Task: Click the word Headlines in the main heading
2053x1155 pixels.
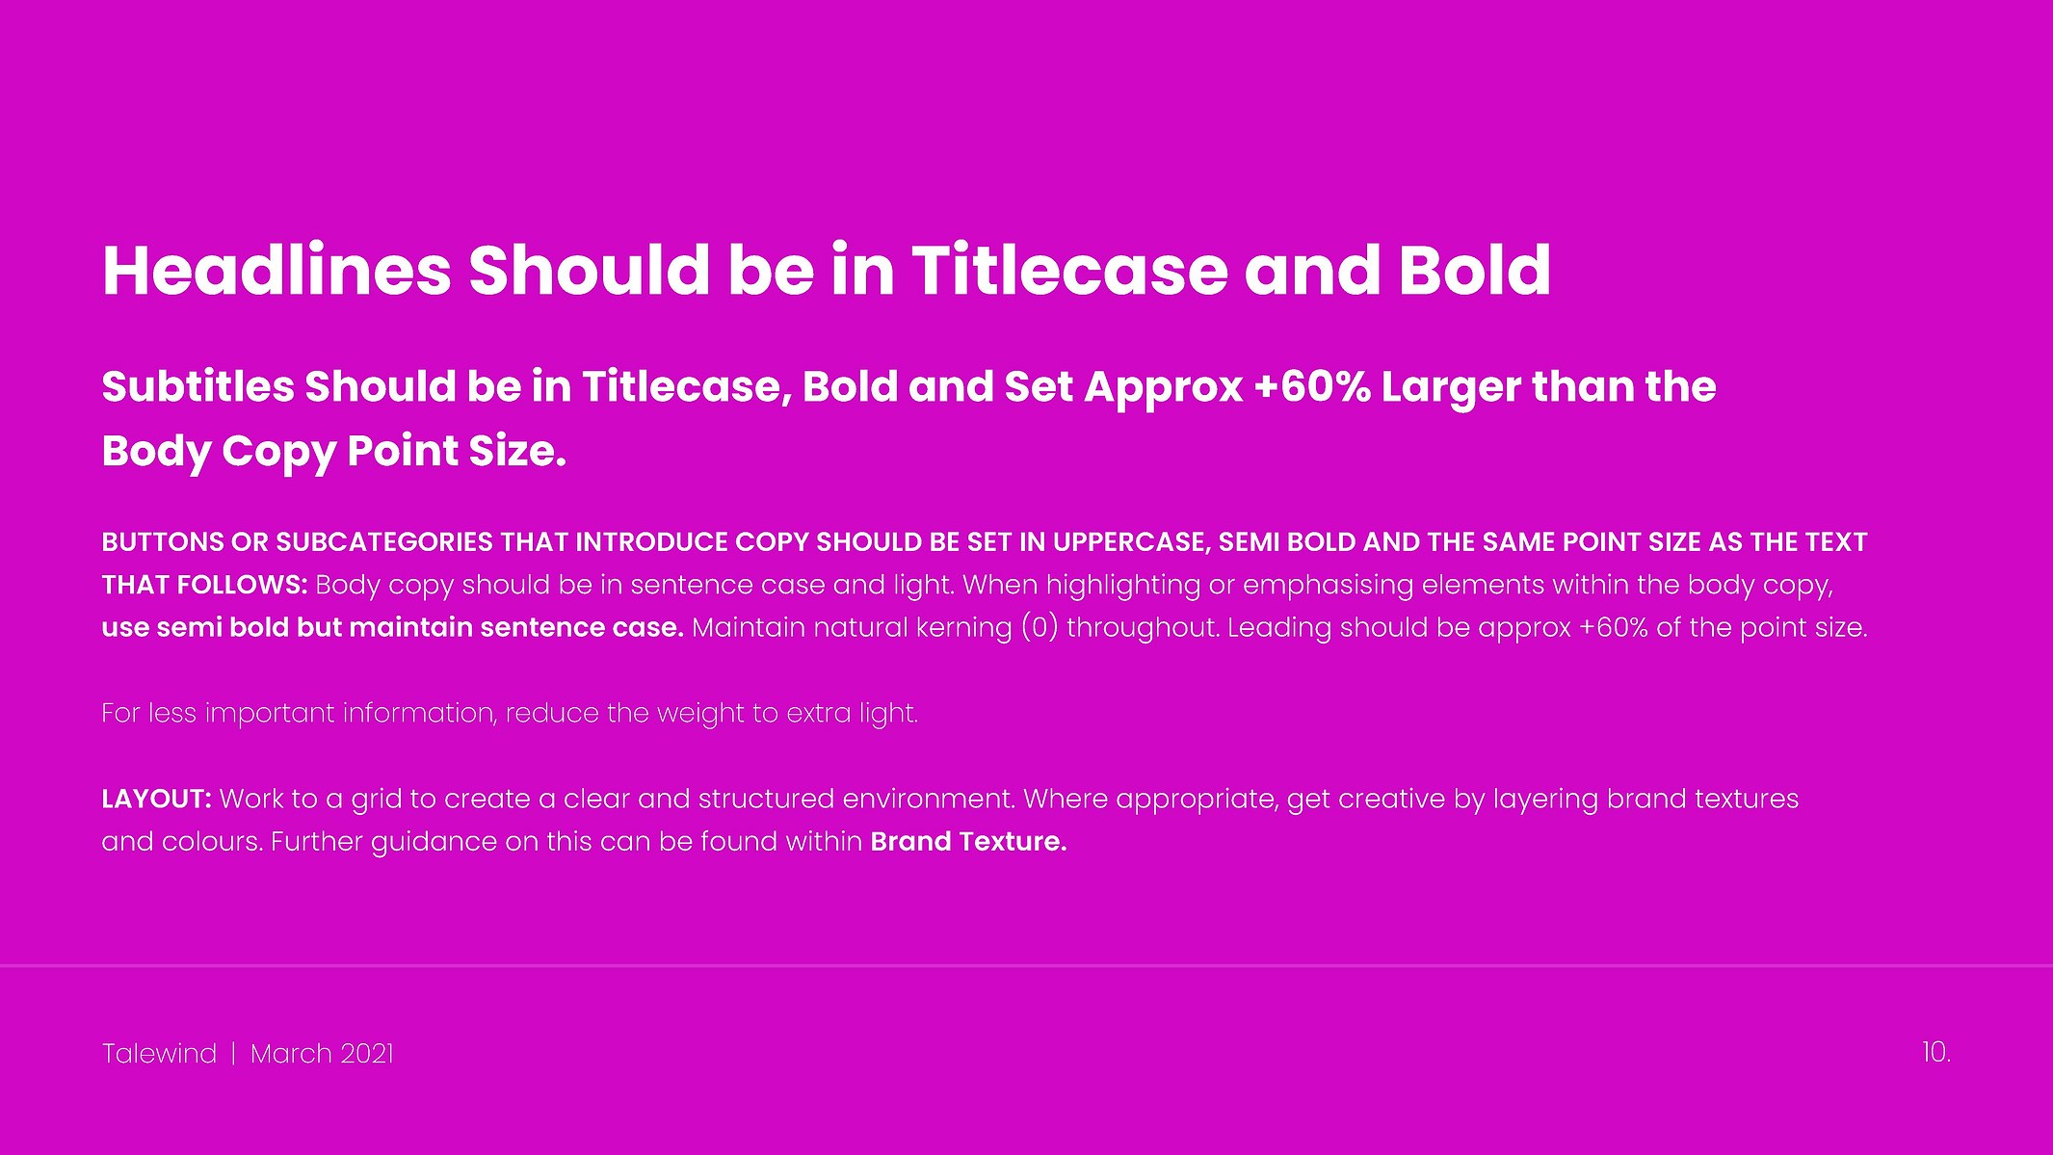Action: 276,270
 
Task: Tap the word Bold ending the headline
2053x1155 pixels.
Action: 1474,270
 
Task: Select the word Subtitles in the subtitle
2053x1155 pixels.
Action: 197,386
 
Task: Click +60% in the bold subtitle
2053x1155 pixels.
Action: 1312,386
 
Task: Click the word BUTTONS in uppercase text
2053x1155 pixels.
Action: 163,542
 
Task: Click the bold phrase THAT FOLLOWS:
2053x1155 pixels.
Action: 205,585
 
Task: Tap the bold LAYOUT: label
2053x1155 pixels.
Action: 156,799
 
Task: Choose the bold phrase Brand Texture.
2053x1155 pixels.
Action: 968,841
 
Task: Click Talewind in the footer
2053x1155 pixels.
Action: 159,1054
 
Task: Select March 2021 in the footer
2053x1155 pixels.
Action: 322,1054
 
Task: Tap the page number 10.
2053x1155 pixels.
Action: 1936,1052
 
